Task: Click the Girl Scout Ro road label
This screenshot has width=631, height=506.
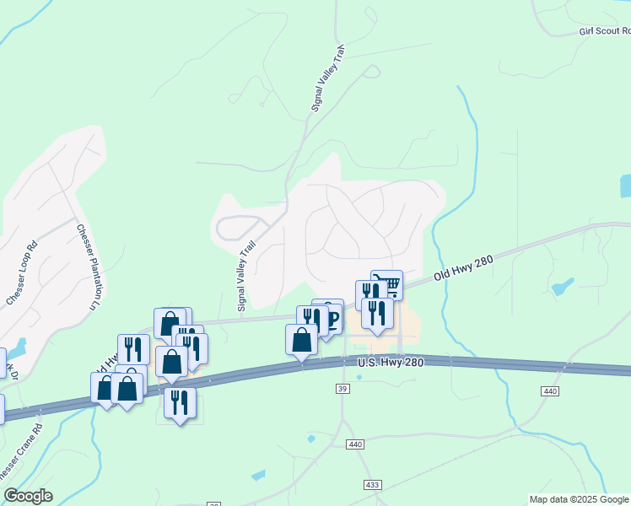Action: (604, 31)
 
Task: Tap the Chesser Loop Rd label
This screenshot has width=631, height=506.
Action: (22, 274)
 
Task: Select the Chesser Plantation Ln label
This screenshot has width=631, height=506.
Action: (92, 265)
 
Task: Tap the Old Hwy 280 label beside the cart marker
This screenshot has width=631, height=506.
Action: (462, 270)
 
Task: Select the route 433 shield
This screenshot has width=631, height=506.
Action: (372, 485)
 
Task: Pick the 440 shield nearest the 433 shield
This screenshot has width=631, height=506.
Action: (354, 444)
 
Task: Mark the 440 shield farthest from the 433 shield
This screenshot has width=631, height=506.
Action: (550, 391)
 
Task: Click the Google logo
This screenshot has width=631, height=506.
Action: (28, 496)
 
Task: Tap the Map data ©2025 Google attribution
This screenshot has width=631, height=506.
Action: (579, 499)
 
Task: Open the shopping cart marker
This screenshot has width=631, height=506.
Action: (386, 283)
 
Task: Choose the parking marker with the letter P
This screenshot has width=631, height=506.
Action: (332, 319)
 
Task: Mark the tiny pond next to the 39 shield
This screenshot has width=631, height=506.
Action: (359, 378)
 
